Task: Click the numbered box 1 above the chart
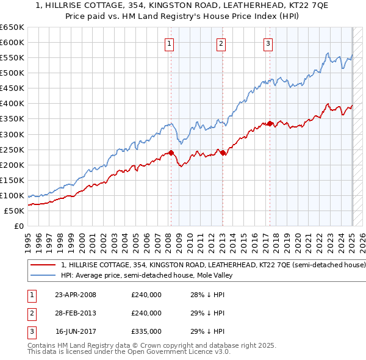(168, 43)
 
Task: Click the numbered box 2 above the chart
(220, 43)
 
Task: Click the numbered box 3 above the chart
(268, 43)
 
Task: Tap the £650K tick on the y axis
(12, 27)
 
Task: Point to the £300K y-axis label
(12, 134)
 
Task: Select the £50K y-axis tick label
(15, 211)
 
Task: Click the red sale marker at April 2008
(171, 153)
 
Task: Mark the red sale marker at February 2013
(223, 153)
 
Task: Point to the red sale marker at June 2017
(269, 123)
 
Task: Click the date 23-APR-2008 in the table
(76, 295)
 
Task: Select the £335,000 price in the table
(146, 331)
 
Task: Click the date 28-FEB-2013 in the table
(76, 313)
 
